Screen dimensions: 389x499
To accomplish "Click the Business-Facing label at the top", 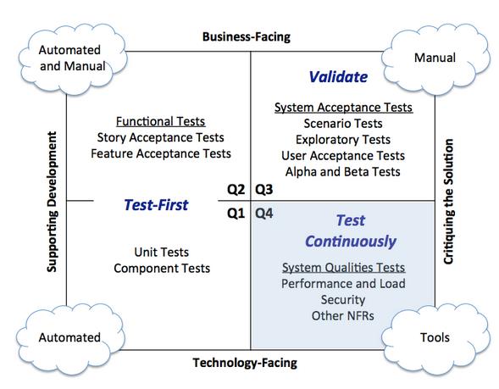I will pyautogui.click(x=245, y=36).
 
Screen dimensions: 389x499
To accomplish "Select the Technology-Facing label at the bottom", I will pyautogui.click(x=246, y=362).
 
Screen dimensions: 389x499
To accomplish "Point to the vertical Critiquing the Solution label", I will pyautogui.click(x=449, y=201).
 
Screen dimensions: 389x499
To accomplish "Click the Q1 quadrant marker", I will pyautogui.click(x=236, y=214).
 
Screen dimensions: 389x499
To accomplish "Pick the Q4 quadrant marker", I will pyautogui.click(x=264, y=214).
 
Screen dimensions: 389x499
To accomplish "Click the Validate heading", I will pyautogui.click(x=337, y=77).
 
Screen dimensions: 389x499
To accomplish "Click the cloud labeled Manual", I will pyautogui.click(x=435, y=58).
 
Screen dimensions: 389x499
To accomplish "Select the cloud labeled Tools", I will pyautogui.click(x=434, y=336).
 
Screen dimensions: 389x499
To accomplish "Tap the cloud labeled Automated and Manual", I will pyautogui.click(x=71, y=58).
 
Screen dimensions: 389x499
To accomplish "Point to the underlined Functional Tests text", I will pyautogui.click(x=160, y=122).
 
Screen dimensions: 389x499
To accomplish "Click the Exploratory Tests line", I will pyautogui.click(x=343, y=140).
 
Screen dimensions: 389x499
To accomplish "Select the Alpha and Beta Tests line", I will pyautogui.click(x=343, y=172).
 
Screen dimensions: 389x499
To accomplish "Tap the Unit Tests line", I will pyautogui.click(x=161, y=253).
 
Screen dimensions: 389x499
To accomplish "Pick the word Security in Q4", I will pyautogui.click(x=343, y=300).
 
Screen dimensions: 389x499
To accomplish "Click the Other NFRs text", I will pyautogui.click(x=343, y=316).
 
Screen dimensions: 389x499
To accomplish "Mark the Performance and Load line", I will pyautogui.click(x=343, y=284).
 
